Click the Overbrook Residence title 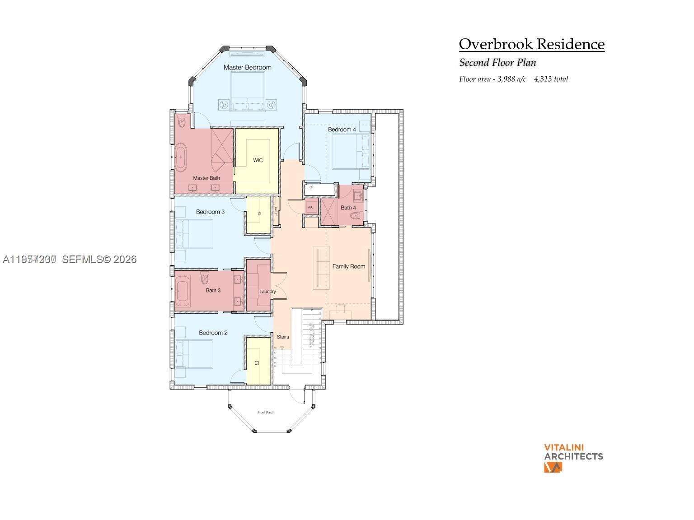[x=531, y=44]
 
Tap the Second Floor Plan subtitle [x=497, y=63]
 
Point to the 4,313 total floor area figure [x=551, y=79]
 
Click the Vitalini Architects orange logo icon [x=553, y=467]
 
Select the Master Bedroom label [x=248, y=67]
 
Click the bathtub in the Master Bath [x=181, y=158]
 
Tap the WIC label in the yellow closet [x=258, y=160]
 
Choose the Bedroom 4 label [x=342, y=130]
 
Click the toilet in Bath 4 [x=357, y=216]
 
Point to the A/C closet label [x=311, y=207]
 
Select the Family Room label [x=348, y=266]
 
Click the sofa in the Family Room [x=322, y=268]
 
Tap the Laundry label [x=267, y=292]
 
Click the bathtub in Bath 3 [x=183, y=292]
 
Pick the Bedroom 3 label [x=210, y=212]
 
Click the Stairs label [x=283, y=337]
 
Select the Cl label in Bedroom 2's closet [x=257, y=363]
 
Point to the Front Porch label [x=266, y=412]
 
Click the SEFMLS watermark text [x=99, y=259]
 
